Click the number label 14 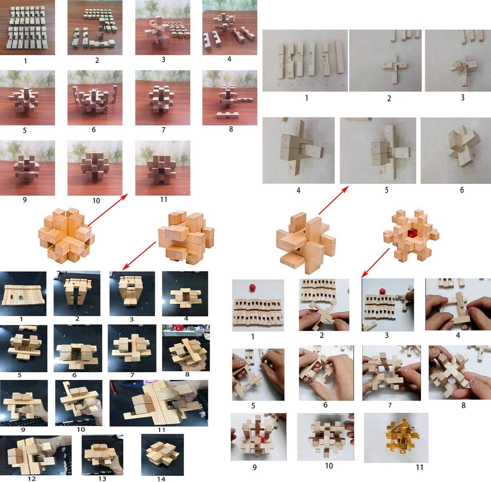[x=161, y=479]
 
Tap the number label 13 [x=102, y=479]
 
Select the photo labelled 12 [x=36, y=455]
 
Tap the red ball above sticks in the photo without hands [x=252, y=288]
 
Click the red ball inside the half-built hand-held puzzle [x=260, y=439]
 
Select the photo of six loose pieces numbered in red [x=305, y=61]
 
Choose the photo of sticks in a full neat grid [x=27, y=27]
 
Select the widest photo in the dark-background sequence [x=158, y=403]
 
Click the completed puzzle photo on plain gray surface [x=455, y=150]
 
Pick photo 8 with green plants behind [x=230, y=98]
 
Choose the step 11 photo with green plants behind [x=162, y=168]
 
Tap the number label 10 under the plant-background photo [x=96, y=201]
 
